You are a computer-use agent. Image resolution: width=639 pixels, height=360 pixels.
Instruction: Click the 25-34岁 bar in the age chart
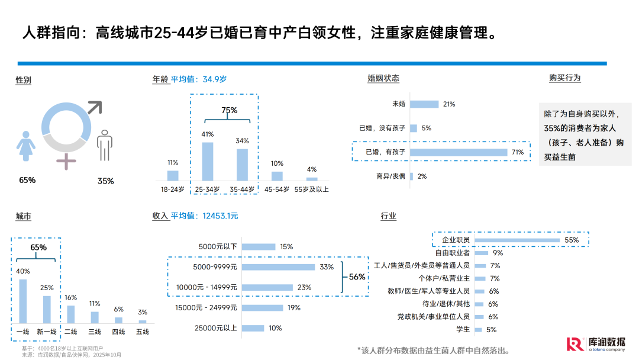208,161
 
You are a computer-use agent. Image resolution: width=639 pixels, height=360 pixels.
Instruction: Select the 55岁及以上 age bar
312,179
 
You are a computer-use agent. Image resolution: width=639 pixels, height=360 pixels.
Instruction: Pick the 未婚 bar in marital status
424,104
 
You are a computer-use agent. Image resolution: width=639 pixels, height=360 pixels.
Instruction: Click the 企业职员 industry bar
517,240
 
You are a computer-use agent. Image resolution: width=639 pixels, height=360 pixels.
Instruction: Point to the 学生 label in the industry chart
463,329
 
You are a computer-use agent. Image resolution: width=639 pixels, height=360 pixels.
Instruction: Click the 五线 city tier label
143,332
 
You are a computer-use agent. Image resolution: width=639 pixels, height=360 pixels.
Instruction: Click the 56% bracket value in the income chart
357,277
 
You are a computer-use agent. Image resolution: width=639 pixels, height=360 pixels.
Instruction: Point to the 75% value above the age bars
230,110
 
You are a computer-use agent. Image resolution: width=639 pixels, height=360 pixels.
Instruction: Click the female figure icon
25,144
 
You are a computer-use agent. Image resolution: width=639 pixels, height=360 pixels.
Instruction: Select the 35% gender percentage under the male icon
106,181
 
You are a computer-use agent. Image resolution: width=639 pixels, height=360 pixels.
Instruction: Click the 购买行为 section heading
564,78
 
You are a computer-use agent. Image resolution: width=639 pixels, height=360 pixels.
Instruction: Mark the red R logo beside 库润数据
573,344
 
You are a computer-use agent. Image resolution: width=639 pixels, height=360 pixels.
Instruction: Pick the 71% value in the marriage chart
518,152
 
